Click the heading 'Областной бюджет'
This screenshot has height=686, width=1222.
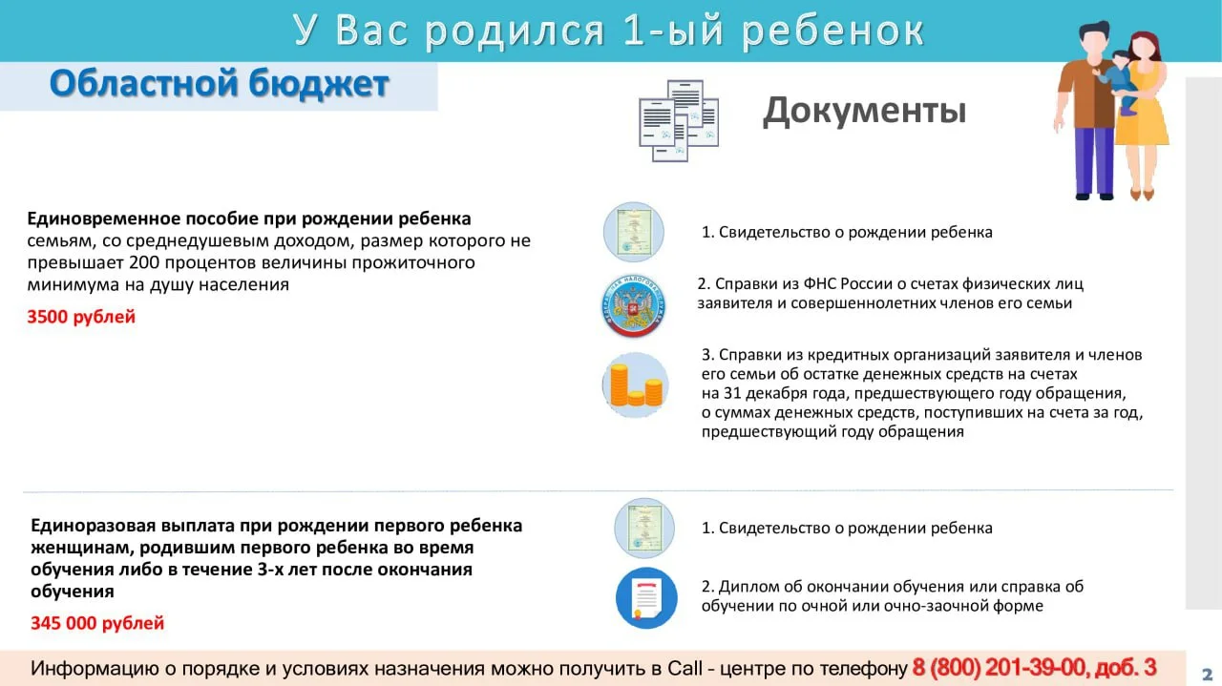pos(220,84)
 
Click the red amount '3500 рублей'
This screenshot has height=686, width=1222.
pos(81,317)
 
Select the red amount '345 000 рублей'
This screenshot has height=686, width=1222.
pos(97,623)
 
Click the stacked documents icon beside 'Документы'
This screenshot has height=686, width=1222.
pos(679,120)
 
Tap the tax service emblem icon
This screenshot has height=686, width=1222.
pos(633,306)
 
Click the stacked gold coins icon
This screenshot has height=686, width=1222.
pos(636,385)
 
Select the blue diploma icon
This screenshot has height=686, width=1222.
pos(646,597)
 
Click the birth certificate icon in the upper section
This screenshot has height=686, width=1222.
pos(633,232)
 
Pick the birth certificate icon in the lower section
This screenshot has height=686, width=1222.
pos(644,528)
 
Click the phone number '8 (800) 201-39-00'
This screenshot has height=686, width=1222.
pos(998,668)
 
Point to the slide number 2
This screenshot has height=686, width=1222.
pos(1207,674)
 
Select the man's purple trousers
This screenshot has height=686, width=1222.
pos(1094,161)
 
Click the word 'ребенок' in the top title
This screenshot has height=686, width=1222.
pos(832,31)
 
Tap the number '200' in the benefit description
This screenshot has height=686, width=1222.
pos(144,262)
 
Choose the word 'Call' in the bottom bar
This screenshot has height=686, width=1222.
pos(685,668)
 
